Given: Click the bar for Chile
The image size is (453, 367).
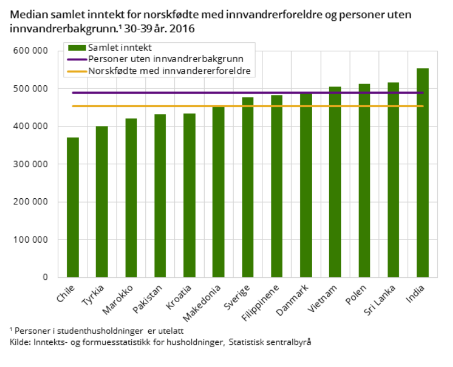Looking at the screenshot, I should pyautogui.click(x=72, y=207).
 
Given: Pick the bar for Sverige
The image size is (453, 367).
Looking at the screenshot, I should pyautogui.click(x=248, y=187).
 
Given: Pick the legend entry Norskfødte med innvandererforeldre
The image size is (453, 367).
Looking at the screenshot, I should pyautogui.click(x=169, y=71).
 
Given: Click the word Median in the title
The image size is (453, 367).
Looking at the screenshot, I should pyautogui.click(x=25, y=14).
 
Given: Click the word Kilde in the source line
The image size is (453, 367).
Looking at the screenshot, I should pyautogui.click(x=20, y=342).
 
